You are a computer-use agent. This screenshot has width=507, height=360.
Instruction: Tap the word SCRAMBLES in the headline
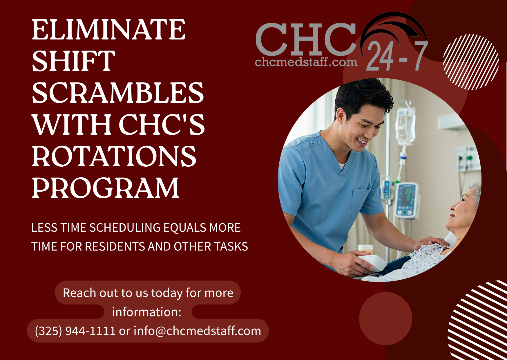(x=118, y=93)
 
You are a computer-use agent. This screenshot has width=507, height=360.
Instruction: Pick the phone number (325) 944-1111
(x=75, y=331)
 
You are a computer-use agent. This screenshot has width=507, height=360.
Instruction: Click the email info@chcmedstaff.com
(x=197, y=331)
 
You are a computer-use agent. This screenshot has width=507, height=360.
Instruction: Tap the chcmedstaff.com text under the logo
(x=306, y=62)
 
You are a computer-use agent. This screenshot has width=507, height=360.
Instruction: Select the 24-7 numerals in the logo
(x=397, y=56)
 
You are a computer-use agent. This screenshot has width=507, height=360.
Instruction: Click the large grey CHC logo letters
(x=306, y=39)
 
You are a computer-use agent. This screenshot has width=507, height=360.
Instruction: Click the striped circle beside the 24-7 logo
(x=471, y=62)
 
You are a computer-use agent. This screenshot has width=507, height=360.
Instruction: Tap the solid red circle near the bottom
(x=385, y=318)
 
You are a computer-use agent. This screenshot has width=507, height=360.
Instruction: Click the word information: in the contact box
(x=147, y=312)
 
